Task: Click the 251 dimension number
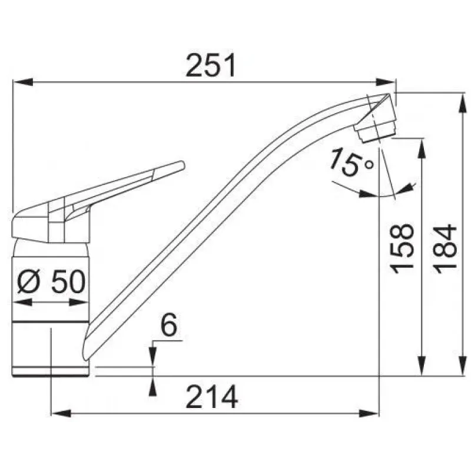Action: click(x=211, y=65)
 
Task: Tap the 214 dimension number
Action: click(x=212, y=397)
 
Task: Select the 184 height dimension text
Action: click(x=445, y=248)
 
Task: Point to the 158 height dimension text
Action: click(x=403, y=248)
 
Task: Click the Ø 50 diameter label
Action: click(x=51, y=281)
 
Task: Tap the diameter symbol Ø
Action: click(x=28, y=281)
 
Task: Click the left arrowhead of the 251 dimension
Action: click(x=23, y=82)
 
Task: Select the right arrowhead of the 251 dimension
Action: click(x=386, y=82)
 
